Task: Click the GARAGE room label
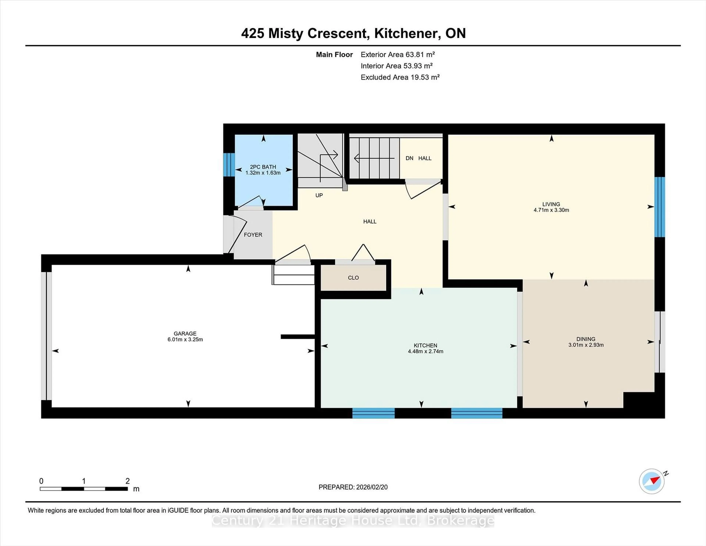[185, 334]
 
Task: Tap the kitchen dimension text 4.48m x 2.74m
[425, 351]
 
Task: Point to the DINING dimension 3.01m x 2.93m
[586, 345]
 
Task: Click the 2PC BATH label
[263, 167]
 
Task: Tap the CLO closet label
[353, 278]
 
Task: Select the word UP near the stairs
[319, 195]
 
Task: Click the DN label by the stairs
[409, 158]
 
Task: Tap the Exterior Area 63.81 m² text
[398, 54]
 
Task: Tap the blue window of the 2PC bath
[229, 164]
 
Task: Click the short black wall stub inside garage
[297, 337]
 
